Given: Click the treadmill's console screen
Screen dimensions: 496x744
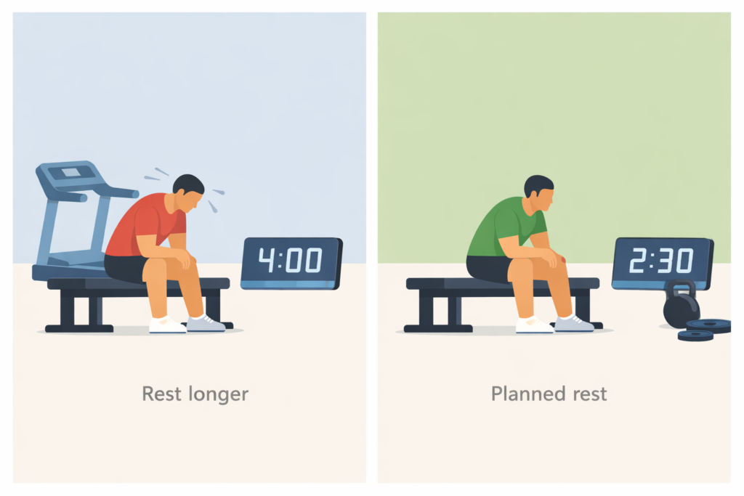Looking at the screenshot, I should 71,173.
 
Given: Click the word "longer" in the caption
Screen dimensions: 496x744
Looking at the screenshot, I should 217,394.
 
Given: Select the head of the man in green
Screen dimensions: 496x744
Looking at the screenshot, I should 539,192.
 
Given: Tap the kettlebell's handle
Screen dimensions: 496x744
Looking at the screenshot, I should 679,288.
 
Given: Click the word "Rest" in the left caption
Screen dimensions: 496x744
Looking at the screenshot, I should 161,394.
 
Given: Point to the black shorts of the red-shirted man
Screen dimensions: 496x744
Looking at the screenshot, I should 125,267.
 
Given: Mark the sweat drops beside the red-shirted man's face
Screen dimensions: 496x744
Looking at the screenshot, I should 212,206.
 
